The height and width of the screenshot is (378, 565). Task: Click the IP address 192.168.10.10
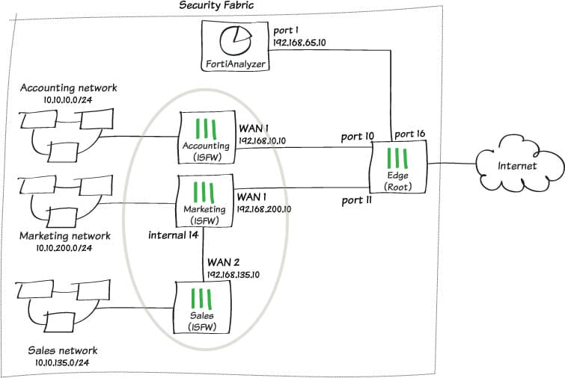pyautogui.click(x=262, y=140)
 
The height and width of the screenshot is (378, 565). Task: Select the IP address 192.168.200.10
pyautogui.click(x=265, y=210)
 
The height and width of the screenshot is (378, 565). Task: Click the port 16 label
pyautogui.click(x=409, y=134)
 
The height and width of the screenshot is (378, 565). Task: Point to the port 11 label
pyautogui.click(x=357, y=200)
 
